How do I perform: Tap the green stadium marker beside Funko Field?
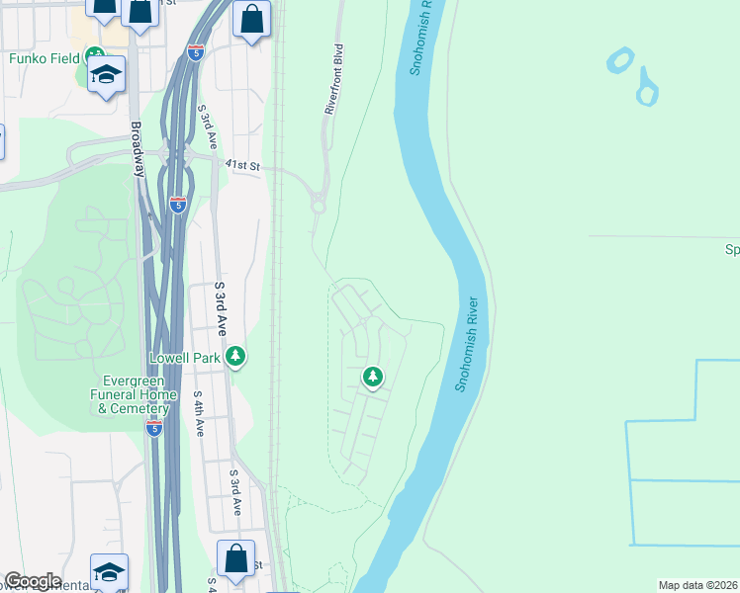tap(94, 56)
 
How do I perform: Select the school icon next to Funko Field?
tap(106, 75)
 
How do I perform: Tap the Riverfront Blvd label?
tap(332, 79)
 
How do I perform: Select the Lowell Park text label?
tap(184, 357)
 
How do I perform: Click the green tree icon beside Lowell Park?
tap(234, 356)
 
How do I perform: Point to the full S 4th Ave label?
tap(199, 414)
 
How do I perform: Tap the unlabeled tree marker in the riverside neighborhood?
tap(373, 376)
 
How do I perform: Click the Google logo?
tap(33, 581)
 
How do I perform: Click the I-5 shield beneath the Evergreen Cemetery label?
tap(153, 428)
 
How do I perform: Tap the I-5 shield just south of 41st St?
tap(178, 205)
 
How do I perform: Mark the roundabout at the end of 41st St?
tap(319, 206)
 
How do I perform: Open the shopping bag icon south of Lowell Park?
tap(236, 557)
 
